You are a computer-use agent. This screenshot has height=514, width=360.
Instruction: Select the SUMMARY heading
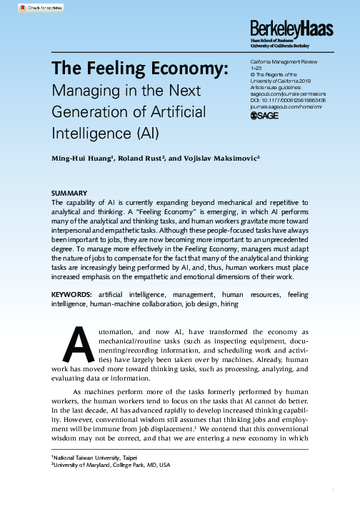pyautogui.click(x=69, y=193)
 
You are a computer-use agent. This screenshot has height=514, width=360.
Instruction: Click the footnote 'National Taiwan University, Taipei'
pyautogui.click(x=96, y=456)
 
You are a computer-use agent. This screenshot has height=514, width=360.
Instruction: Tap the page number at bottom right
pyautogui.click(x=333, y=490)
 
